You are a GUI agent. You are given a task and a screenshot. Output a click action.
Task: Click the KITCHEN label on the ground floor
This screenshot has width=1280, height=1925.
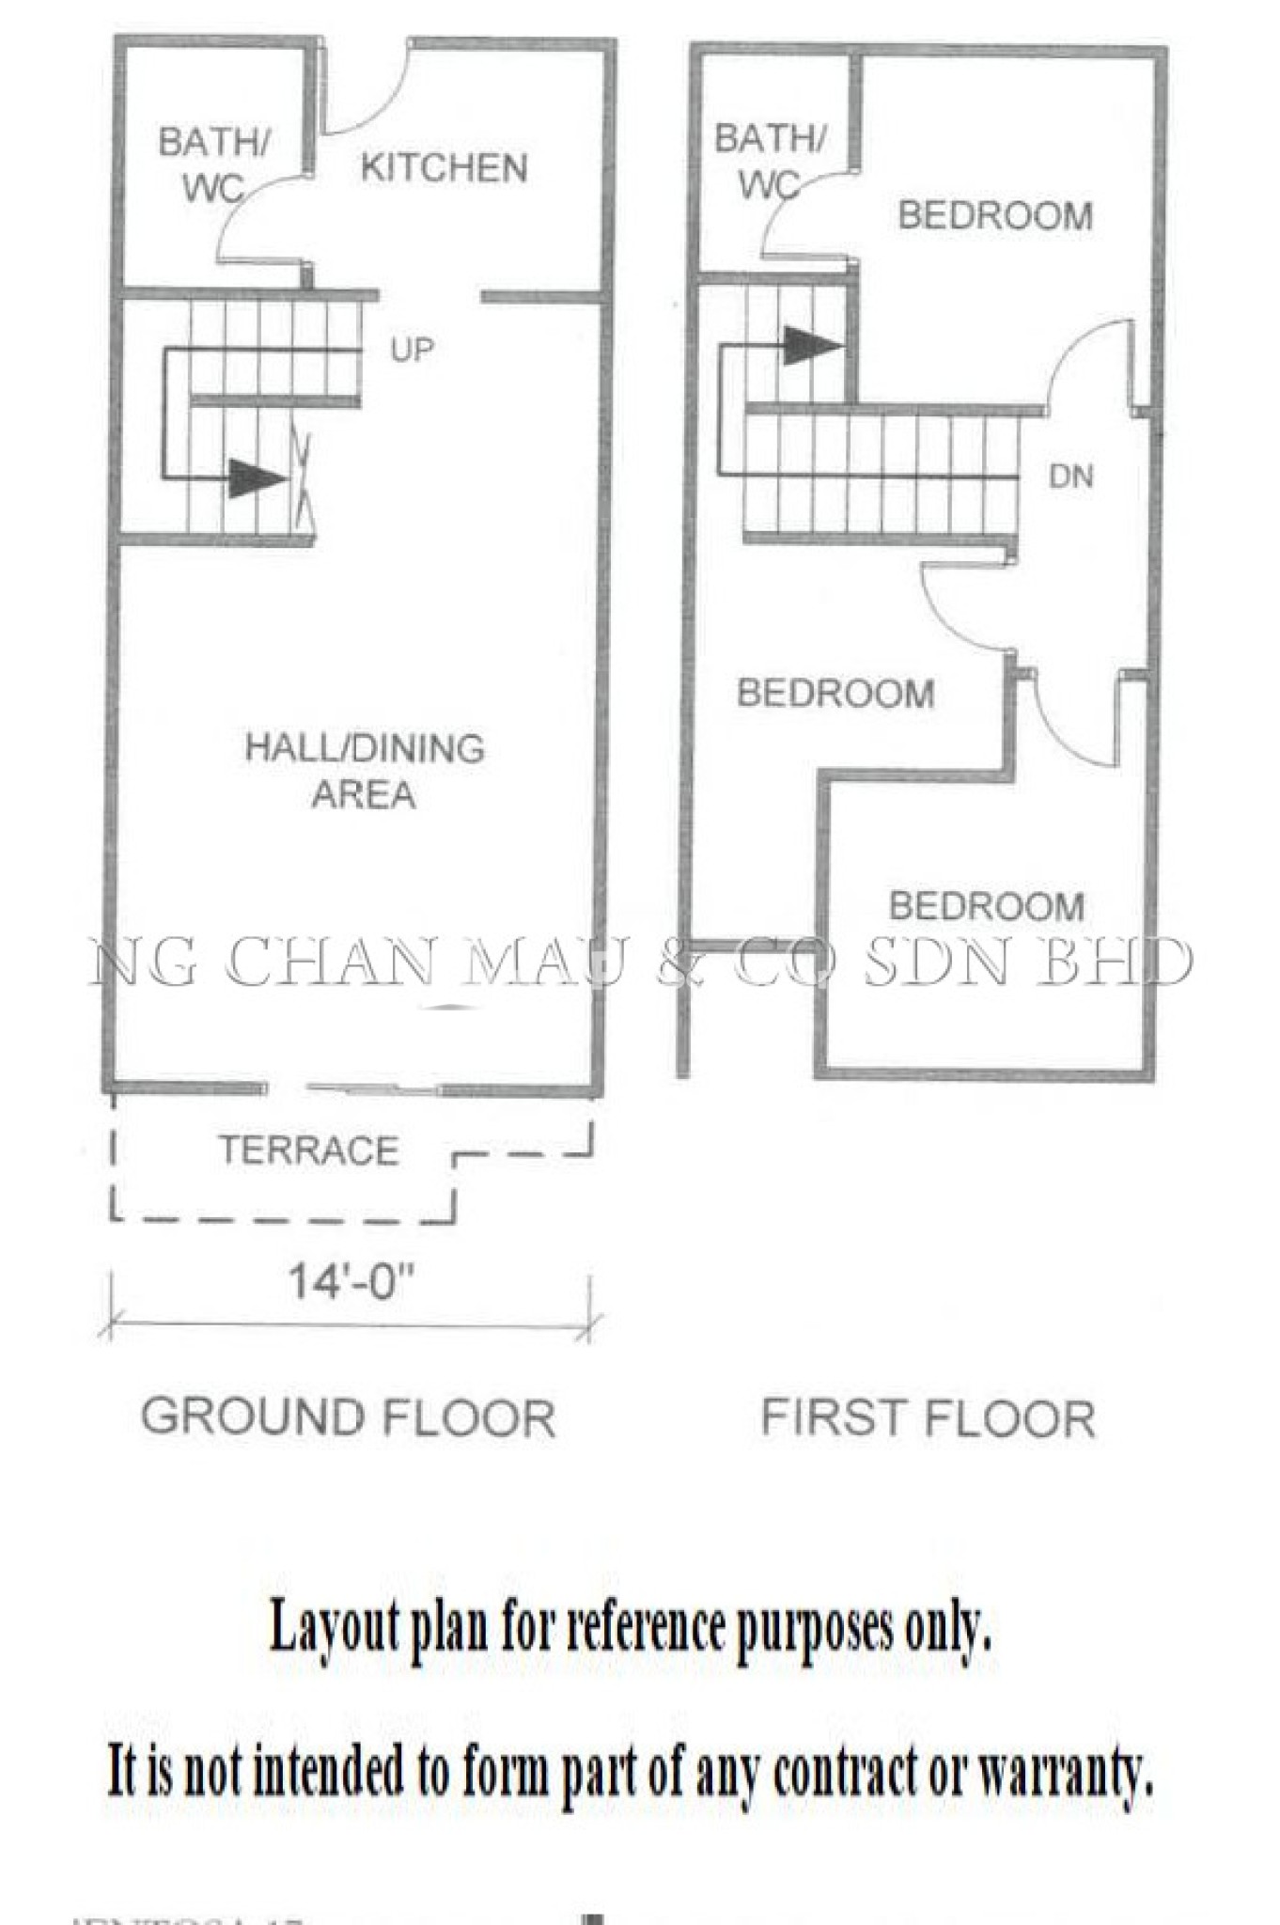point(444,168)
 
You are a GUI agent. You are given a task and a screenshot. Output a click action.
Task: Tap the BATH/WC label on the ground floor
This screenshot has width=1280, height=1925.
point(214,164)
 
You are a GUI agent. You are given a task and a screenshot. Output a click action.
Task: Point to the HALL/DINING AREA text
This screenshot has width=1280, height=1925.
point(365,771)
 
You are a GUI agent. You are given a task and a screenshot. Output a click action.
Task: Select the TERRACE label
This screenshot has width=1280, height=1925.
point(309,1150)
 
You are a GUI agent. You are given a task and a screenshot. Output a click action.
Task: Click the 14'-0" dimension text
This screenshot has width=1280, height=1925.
point(351,1281)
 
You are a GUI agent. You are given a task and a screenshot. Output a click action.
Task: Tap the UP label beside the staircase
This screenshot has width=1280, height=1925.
point(413,351)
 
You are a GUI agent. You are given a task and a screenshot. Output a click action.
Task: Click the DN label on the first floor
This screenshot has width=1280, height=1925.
point(1070,477)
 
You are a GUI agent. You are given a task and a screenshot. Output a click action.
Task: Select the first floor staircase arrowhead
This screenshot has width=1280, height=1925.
point(811,346)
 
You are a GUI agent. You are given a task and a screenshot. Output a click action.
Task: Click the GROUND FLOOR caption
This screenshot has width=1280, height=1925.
point(349,1417)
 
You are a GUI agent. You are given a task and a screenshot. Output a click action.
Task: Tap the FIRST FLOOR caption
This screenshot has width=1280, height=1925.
point(928,1418)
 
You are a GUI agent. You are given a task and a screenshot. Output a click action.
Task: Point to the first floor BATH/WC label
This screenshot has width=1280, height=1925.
point(770,161)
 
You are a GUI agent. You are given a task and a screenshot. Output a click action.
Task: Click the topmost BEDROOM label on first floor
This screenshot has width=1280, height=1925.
point(995,216)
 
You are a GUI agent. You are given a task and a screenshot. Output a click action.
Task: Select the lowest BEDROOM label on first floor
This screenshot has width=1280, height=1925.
point(987,906)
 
